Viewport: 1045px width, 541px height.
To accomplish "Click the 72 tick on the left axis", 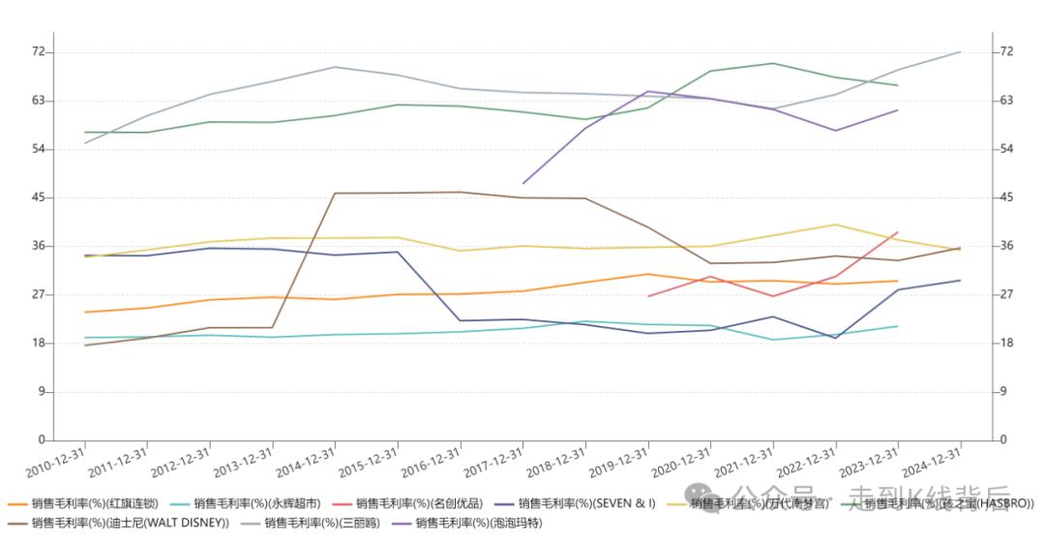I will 39,51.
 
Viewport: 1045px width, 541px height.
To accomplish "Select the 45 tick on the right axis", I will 1005,197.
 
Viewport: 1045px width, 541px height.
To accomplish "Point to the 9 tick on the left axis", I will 42,392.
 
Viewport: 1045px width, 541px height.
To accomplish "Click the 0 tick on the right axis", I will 1002,440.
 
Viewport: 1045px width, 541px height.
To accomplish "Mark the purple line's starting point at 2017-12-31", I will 523,183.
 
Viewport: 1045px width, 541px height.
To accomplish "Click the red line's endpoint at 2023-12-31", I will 898,232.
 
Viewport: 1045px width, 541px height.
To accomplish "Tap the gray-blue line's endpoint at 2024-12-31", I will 960,51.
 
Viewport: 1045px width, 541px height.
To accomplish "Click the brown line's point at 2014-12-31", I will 335,194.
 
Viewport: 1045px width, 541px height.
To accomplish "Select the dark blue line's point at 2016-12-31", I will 461,320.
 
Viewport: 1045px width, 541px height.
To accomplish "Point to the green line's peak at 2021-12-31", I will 773,64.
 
